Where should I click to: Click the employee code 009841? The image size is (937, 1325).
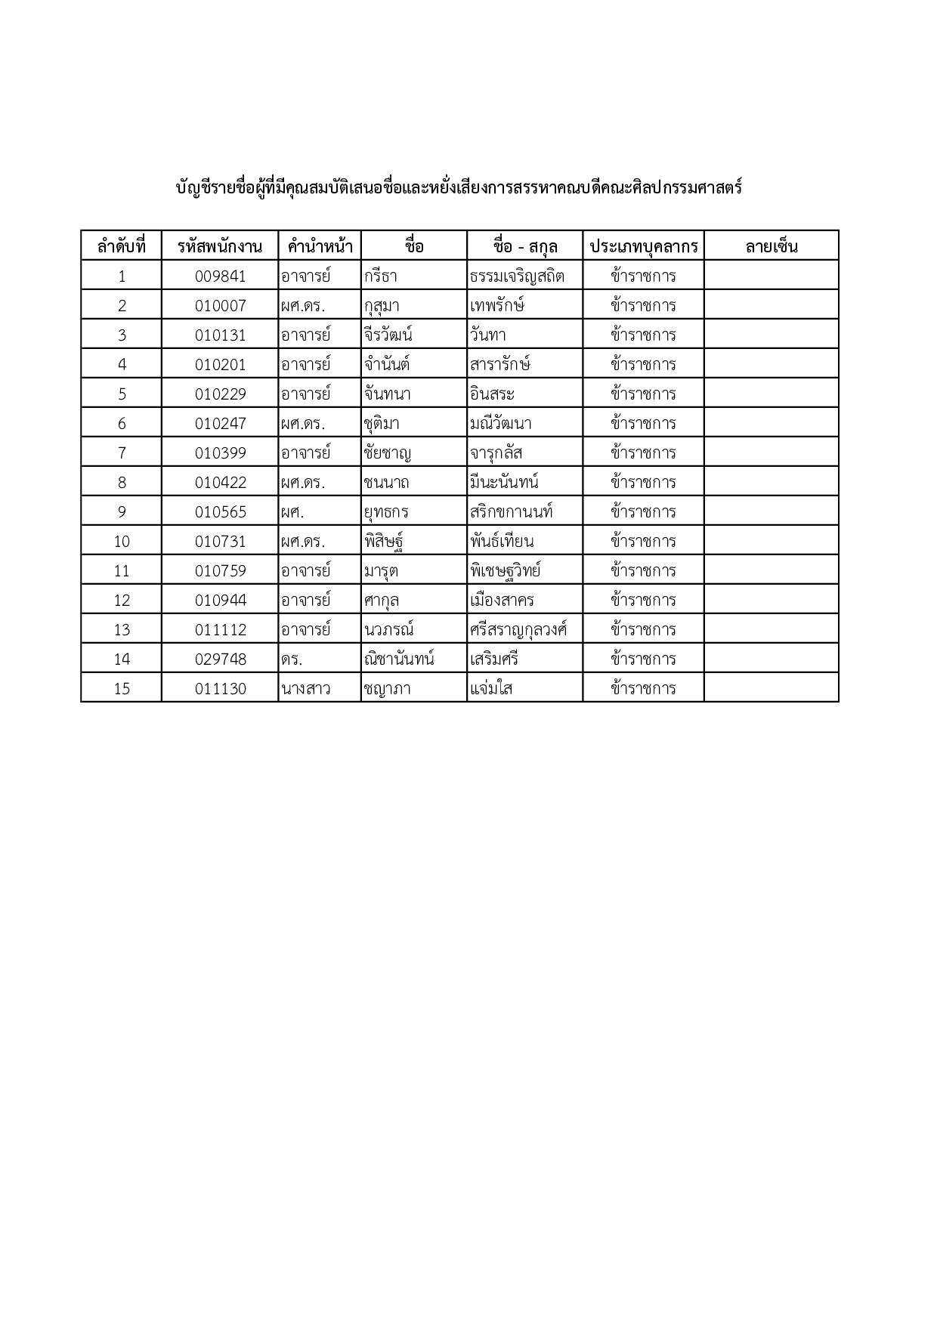tap(220, 276)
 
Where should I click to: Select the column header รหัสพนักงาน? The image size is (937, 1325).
tap(220, 246)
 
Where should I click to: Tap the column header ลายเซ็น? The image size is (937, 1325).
tap(772, 246)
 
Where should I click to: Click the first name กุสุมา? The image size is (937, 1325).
tap(382, 305)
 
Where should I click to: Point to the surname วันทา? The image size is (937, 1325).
tap(487, 335)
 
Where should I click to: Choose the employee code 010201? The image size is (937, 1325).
tap(220, 364)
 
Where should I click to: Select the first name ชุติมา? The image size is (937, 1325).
tap(382, 423)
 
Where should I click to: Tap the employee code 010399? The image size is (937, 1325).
tap(220, 452)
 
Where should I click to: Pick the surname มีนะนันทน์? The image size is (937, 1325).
tap(504, 482)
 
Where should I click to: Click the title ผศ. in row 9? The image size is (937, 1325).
tap(292, 511)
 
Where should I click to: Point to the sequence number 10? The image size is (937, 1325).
tap(122, 541)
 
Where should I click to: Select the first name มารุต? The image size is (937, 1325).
tap(381, 570)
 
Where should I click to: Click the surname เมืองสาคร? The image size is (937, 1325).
tap(502, 600)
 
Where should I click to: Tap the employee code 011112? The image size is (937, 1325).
tap(220, 629)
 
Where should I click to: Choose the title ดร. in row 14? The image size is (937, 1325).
tap(291, 659)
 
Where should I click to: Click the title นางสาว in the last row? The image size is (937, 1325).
tap(305, 688)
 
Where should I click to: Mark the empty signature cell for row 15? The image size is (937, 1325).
tap(772, 688)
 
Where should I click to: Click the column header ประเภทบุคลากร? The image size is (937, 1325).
tap(644, 246)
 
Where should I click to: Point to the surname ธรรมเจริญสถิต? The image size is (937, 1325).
tap(517, 276)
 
